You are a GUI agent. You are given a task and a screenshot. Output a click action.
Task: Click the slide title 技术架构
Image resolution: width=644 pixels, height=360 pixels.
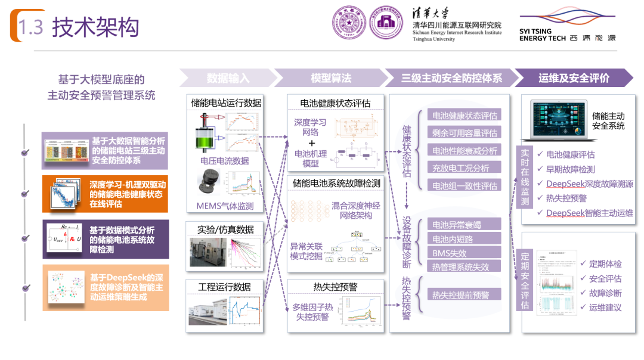[x=95, y=27]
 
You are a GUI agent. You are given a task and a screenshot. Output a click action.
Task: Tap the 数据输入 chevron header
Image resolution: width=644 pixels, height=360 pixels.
[x=228, y=78]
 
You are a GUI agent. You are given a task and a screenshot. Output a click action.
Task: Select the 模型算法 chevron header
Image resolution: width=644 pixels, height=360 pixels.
[x=331, y=78]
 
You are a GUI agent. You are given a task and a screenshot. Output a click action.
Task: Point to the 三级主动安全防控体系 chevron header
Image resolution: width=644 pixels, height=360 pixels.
[x=451, y=78]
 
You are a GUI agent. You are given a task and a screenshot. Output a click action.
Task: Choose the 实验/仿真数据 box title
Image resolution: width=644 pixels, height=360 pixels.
[x=225, y=229]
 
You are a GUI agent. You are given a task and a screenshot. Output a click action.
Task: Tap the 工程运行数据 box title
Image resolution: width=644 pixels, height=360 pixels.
[x=225, y=287]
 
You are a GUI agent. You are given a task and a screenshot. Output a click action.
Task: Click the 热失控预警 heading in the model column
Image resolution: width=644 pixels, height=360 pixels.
[x=335, y=287]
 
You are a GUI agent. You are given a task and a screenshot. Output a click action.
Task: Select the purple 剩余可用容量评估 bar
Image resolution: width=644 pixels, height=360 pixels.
[x=465, y=133]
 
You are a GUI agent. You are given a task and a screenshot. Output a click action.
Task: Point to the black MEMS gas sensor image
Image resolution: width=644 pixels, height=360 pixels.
[x=208, y=182]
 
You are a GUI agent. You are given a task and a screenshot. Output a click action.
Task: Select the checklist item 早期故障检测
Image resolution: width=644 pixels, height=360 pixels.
[x=570, y=169]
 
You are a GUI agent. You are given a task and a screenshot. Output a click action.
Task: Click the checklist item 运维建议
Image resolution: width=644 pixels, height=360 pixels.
[x=605, y=308]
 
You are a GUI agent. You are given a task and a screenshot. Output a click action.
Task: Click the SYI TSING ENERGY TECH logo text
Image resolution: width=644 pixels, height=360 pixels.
[x=542, y=35]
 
